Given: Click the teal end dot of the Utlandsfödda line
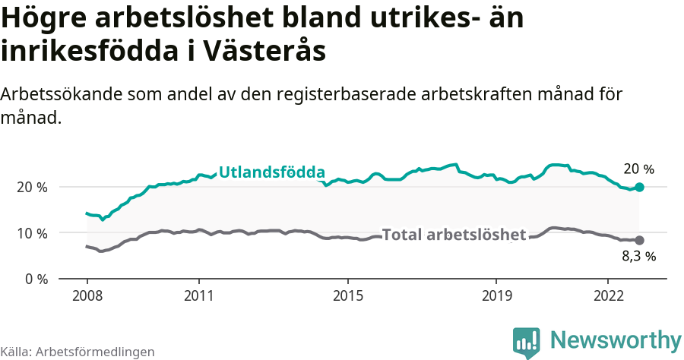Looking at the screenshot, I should click(x=639, y=187).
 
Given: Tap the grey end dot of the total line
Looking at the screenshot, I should click(x=639, y=240).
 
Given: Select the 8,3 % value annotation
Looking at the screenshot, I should click(x=638, y=257).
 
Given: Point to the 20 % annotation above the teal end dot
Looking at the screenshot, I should click(x=638, y=169).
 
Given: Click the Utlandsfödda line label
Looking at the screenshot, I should click(x=271, y=172).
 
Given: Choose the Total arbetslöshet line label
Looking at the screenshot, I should click(x=454, y=235).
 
